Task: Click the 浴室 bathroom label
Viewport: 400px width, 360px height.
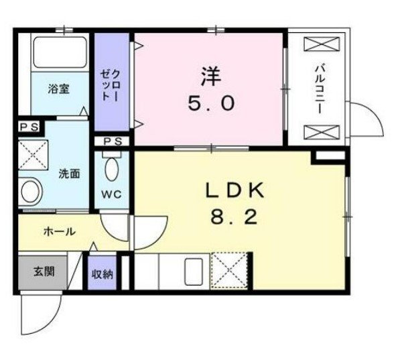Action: pos(59,89)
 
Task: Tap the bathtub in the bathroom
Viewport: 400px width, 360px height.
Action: pos(60,52)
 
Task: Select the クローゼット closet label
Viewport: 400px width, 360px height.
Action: pos(109,85)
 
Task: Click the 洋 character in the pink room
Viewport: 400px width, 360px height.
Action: pos(211,76)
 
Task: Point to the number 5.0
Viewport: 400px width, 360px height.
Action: pos(211,103)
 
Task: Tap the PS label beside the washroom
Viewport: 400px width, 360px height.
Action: pos(29,127)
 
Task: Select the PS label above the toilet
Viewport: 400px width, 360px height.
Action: pos(113,141)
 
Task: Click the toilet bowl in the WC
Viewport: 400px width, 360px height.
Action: pos(112,169)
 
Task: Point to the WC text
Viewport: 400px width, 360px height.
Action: pos(111,194)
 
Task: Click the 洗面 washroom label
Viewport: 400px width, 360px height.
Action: pos(70,174)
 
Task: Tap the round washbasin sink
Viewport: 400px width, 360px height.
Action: pos(31,192)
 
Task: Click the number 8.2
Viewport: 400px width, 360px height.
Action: pos(233,218)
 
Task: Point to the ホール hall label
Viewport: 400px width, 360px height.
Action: pos(59,232)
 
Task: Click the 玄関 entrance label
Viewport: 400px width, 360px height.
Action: pos(44,272)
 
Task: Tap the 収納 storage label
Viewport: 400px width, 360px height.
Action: pos(103,274)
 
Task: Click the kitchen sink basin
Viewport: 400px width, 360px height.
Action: pos(194,272)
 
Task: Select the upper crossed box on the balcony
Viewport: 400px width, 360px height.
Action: pos(322,45)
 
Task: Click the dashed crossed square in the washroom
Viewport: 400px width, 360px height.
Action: pos(33,155)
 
